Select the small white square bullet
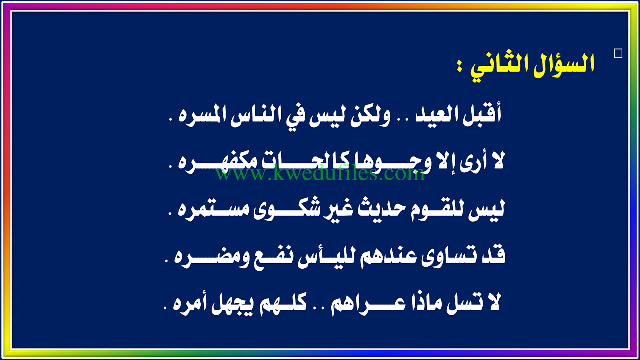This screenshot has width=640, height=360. coord(618,54)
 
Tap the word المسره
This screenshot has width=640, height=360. coord(202,115)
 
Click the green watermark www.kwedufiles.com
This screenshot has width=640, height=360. coord(320,173)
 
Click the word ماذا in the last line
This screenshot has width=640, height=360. coord(425,304)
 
